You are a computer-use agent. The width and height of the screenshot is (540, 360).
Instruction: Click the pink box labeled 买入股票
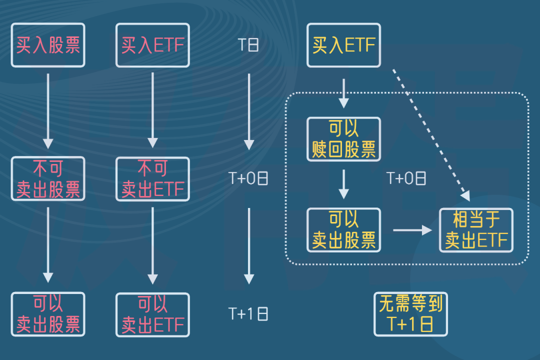(48, 45)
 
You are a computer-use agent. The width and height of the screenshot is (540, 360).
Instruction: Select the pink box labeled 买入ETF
(152, 45)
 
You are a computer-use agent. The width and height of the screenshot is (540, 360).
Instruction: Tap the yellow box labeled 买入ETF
(343, 45)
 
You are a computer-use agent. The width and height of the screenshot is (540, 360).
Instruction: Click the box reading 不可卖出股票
(48, 178)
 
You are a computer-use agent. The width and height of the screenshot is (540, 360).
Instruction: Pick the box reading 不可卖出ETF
(152, 178)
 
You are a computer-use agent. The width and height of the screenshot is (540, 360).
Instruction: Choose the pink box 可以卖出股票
(48, 314)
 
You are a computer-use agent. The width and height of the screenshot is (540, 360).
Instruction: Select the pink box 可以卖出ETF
(152, 314)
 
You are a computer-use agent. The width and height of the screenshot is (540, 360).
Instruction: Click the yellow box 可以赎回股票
(343, 139)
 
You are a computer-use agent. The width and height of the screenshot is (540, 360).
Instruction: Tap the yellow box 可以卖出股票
(343, 230)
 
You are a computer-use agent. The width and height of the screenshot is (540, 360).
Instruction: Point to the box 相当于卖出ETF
(476, 230)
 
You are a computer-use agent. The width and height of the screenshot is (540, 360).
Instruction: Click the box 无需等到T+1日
(410, 314)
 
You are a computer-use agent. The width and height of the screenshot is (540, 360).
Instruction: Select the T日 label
(248, 45)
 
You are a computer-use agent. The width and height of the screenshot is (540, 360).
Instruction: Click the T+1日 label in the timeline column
(248, 313)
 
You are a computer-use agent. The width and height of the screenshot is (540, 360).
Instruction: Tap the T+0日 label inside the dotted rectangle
(406, 178)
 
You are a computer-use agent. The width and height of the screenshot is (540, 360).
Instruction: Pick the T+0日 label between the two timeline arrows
(248, 178)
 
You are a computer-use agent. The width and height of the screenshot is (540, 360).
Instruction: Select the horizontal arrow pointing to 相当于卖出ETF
(412, 230)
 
